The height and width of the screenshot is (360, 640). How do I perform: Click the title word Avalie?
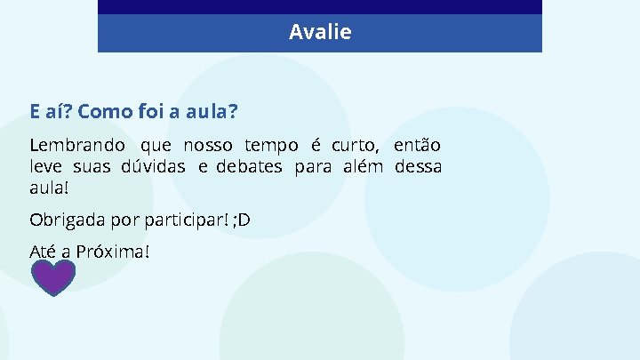click(320, 33)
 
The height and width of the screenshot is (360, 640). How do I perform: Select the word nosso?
click(208, 145)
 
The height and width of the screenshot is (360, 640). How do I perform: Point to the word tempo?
click(271, 146)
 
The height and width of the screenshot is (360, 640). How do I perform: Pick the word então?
click(417, 145)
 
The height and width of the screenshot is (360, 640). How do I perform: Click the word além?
click(363, 166)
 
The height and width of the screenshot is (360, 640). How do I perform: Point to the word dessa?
click(418, 166)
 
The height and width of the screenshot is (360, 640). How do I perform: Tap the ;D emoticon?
click(241, 220)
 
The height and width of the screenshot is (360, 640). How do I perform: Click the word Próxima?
click(113, 252)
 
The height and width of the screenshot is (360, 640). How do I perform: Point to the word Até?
click(43, 252)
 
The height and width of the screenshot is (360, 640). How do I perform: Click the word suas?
click(92, 166)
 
